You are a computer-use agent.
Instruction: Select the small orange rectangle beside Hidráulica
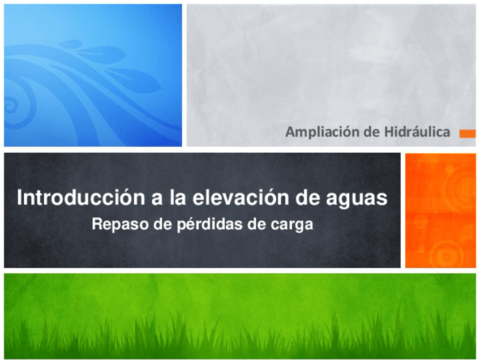[467, 134]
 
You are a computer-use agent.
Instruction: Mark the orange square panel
[440, 210]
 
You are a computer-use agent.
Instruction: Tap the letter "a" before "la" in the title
[153, 199]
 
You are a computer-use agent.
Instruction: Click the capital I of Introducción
[20, 199]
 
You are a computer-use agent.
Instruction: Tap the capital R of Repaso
[96, 225]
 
